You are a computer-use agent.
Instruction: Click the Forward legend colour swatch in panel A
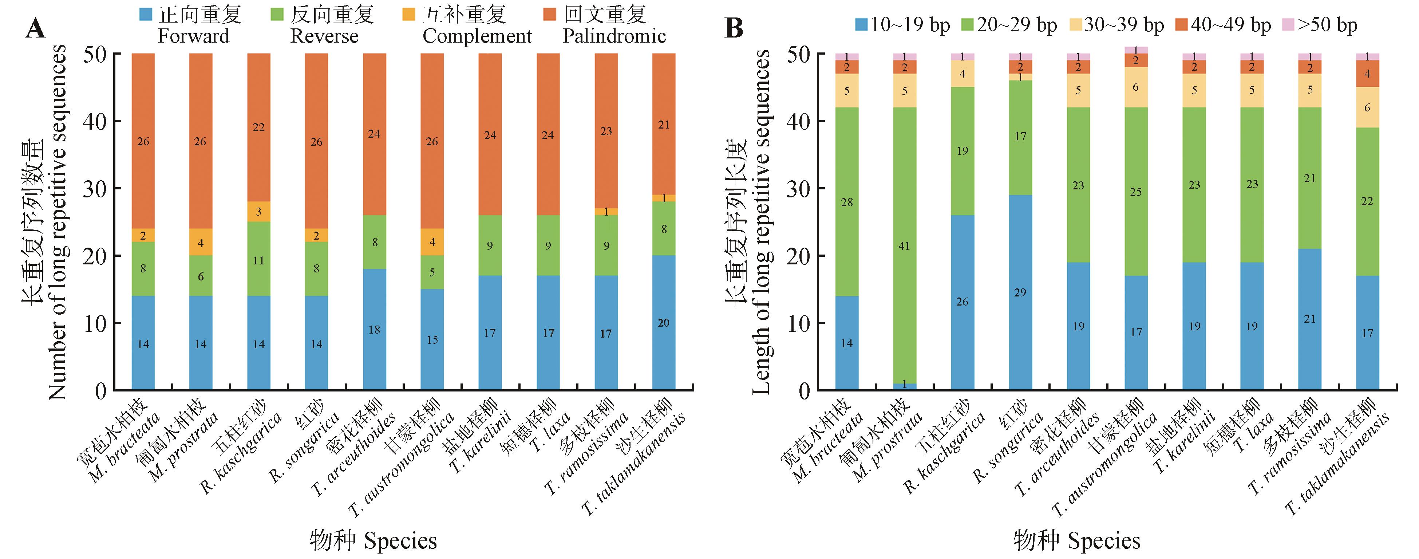point(146,14)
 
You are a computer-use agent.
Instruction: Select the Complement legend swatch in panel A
point(409,14)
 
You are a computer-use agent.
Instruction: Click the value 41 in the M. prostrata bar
point(904,246)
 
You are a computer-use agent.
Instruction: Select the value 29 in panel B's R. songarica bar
point(1020,293)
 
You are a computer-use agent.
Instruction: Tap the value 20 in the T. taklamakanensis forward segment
point(663,323)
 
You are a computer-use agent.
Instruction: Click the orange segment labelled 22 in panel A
point(258,127)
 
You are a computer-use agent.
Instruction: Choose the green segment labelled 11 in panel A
point(258,260)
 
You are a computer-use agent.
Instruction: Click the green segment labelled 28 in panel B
point(847,202)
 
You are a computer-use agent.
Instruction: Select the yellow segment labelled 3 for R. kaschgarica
point(258,212)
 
